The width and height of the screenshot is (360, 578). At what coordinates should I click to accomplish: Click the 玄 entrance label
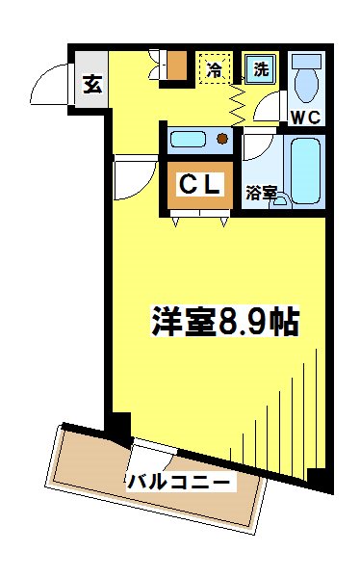(91, 84)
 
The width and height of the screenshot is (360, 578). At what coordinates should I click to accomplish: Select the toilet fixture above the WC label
(307, 79)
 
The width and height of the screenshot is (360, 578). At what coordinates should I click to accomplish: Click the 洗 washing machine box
(260, 69)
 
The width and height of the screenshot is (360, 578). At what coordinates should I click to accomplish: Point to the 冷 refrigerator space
(215, 69)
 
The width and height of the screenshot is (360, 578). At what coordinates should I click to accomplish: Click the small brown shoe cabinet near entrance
(175, 66)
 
